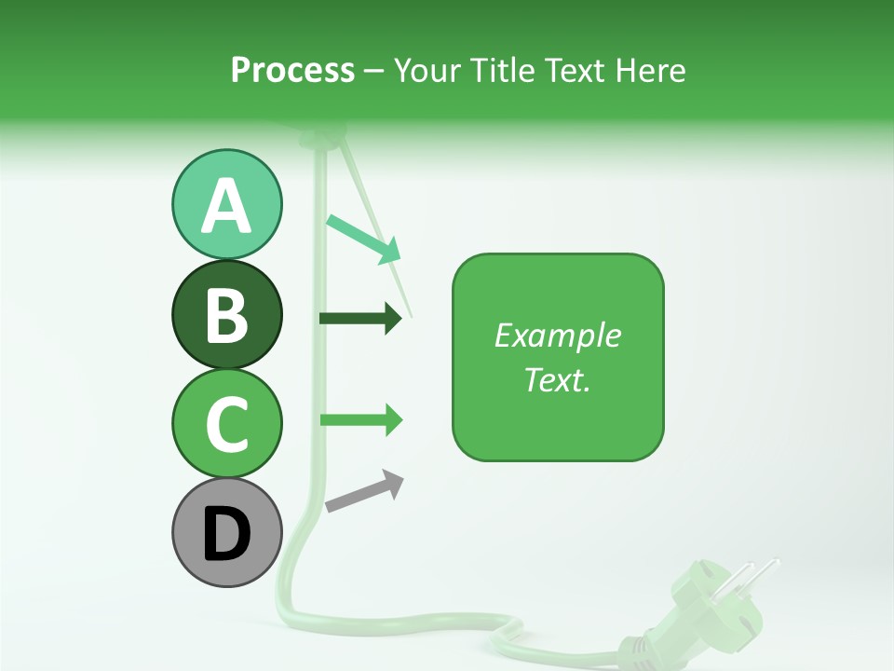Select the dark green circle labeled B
(x=226, y=314)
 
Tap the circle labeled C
(x=226, y=423)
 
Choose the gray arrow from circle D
(x=364, y=491)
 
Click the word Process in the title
(x=292, y=71)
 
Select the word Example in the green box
(x=557, y=335)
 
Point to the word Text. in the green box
(x=557, y=379)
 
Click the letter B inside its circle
(x=226, y=315)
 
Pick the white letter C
(x=226, y=424)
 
